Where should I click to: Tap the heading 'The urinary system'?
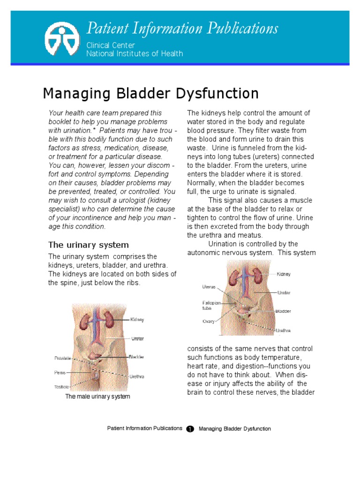pos(89,245)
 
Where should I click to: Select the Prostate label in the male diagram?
pos(62,358)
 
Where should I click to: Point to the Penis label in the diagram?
pos(60,373)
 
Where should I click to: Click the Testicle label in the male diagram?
pos(61,387)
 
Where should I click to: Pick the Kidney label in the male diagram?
pos(137,320)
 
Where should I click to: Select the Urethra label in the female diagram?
pos(283,330)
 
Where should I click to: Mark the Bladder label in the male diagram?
pos(136,357)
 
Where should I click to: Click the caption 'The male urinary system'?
pos(97,397)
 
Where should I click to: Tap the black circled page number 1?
pos(190,429)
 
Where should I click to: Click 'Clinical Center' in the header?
pos(111,45)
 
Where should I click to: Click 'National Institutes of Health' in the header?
pos(135,53)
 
